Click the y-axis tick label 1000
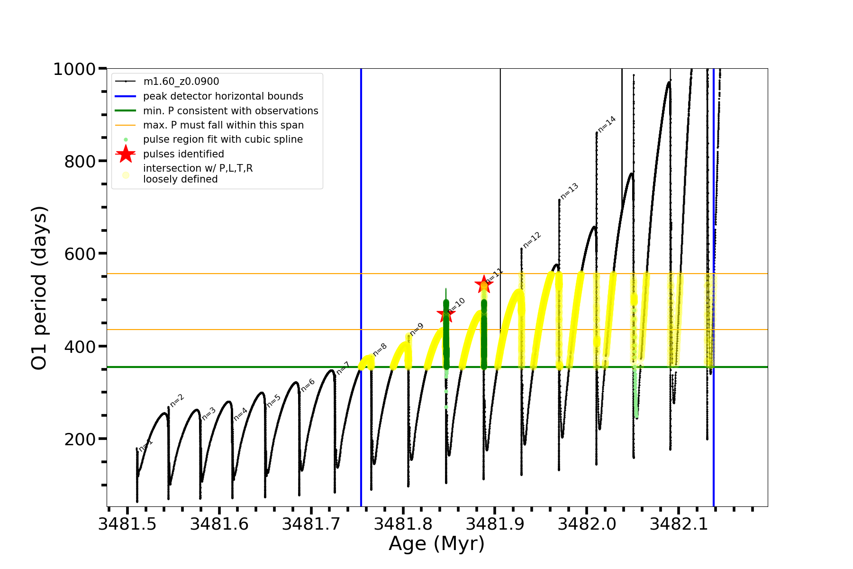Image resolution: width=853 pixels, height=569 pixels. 74,69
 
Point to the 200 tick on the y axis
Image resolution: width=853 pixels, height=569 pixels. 80,440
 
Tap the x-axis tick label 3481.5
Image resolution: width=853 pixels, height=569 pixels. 127,524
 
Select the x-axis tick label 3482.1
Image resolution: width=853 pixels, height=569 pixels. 679,524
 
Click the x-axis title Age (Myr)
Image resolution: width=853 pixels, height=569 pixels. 436,544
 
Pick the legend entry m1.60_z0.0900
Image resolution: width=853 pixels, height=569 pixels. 181,82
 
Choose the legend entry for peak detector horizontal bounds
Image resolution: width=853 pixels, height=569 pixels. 223,96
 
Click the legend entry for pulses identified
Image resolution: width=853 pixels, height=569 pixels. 183,154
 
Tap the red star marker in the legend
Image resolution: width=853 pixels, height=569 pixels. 126,154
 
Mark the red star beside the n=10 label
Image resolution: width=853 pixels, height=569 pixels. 445,313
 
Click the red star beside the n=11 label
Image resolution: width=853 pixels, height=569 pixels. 484,284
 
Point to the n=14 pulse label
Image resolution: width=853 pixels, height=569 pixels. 607,124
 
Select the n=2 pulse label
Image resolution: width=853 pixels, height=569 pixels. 177,400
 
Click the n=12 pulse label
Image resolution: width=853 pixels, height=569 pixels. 532,240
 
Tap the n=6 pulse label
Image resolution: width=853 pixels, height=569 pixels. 308,385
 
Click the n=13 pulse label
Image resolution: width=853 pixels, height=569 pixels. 569,191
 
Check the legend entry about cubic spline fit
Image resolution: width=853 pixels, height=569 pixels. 223,139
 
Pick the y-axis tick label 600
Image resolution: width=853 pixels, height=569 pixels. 80,254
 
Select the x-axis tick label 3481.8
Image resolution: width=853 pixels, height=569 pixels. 403,524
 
